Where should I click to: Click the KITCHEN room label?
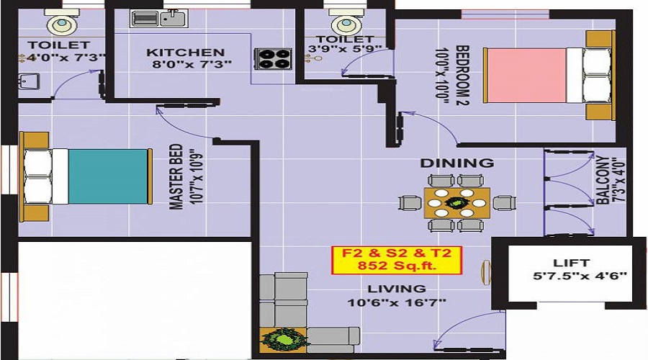[x=186, y=53]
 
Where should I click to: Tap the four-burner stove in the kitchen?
[x=274, y=58]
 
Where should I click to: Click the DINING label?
[x=457, y=163]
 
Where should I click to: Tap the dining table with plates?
[x=457, y=203]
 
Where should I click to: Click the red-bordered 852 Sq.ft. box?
[x=396, y=260]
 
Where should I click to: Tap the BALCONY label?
[x=603, y=180]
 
